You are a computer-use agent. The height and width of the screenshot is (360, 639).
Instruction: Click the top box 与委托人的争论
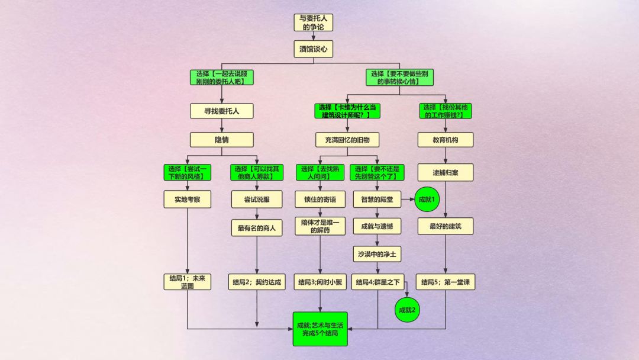tap(314, 22)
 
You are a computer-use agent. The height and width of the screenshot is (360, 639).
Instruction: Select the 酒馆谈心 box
tap(314, 49)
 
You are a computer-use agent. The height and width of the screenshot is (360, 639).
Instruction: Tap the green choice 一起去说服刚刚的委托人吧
tap(221, 78)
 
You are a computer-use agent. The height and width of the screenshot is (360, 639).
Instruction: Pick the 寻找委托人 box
tap(221, 111)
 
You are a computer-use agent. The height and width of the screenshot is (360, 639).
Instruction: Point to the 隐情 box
tap(221, 140)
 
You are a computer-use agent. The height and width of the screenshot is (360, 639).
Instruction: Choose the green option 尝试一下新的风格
tap(187, 172)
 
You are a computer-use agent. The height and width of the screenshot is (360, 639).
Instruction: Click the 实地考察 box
tap(187, 200)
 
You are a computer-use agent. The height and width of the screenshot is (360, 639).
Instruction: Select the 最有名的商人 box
tap(257, 228)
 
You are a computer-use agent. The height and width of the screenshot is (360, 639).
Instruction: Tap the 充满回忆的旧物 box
tap(347, 140)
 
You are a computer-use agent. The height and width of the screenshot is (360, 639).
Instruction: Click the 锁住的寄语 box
tap(320, 200)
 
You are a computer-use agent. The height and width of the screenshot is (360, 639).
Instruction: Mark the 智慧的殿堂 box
tap(377, 200)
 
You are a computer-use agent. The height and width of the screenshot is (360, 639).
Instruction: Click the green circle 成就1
tap(427, 200)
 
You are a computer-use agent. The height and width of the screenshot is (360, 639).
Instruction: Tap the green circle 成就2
tap(407, 310)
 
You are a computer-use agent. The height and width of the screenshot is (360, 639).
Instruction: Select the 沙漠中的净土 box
tap(377, 255)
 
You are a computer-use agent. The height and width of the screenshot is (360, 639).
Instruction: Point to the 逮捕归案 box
tap(446, 172)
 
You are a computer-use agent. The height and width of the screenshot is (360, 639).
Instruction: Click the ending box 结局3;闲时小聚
tap(320, 282)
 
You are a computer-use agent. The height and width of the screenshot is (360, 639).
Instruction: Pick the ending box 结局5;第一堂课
tap(446, 282)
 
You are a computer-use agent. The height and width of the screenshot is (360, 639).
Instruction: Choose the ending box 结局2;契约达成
tap(257, 282)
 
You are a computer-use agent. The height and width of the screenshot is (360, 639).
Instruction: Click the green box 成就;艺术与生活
tap(320, 329)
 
